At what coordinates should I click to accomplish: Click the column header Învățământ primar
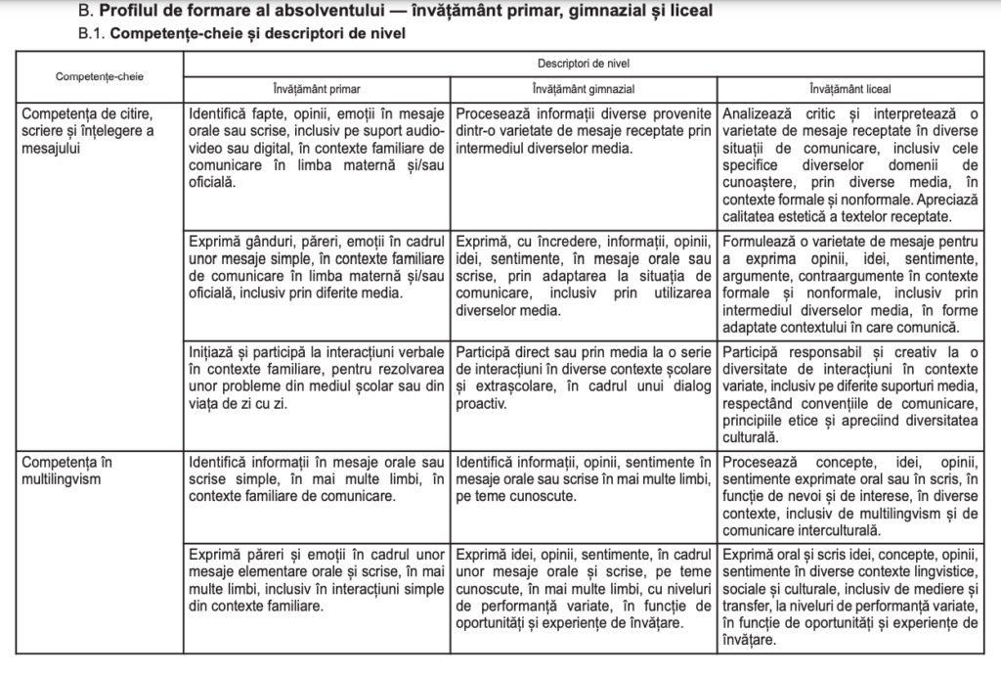[x=318, y=87]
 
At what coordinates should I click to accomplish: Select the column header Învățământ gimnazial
[x=584, y=87]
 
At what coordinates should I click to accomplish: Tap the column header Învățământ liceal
[x=849, y=87]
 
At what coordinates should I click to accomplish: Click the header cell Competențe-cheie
[x=96, y=75]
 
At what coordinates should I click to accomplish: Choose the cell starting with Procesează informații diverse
[x=584, y=130]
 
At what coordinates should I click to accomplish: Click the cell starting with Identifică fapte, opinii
[x=318, y=147]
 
